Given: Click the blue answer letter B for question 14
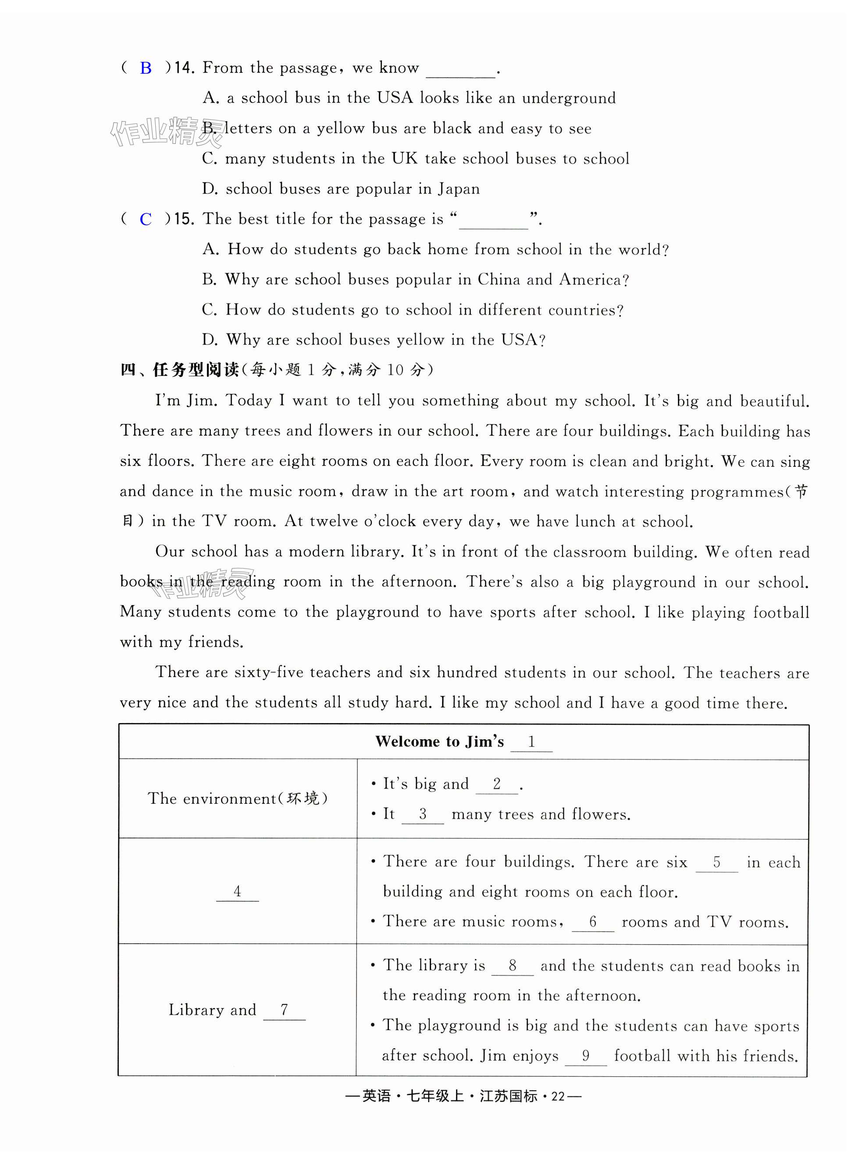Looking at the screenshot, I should [146, 68].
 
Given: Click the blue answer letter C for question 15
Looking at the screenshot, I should [146, 219].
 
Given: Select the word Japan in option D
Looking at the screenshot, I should [459, 189].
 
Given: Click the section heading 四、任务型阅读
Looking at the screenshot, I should [179, 370].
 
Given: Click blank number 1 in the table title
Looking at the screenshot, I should [531, 742].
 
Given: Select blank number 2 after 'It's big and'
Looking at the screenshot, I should [496, 784].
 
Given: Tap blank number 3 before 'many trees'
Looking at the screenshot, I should [423, 814].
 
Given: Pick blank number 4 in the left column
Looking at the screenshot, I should [237, 892].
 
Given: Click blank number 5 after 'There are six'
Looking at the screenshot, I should [716, 863].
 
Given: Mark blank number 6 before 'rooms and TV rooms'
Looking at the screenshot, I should [593, 923].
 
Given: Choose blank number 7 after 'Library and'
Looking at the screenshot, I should [284, 1010].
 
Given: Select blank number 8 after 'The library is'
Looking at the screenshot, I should [512, 966].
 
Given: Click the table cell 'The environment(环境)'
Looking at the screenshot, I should [238, 799].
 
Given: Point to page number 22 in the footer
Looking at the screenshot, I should [558, 1096].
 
